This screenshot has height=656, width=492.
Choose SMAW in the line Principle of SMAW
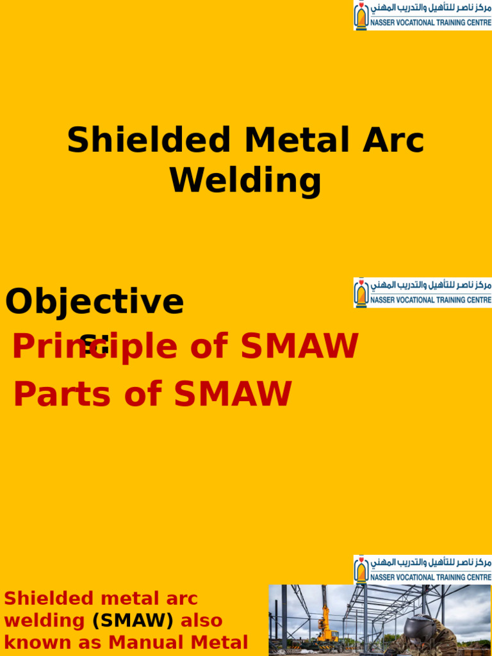point(298,347)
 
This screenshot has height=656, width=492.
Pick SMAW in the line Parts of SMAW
point(233,394)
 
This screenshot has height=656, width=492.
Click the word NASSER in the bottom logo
point(384,577)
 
